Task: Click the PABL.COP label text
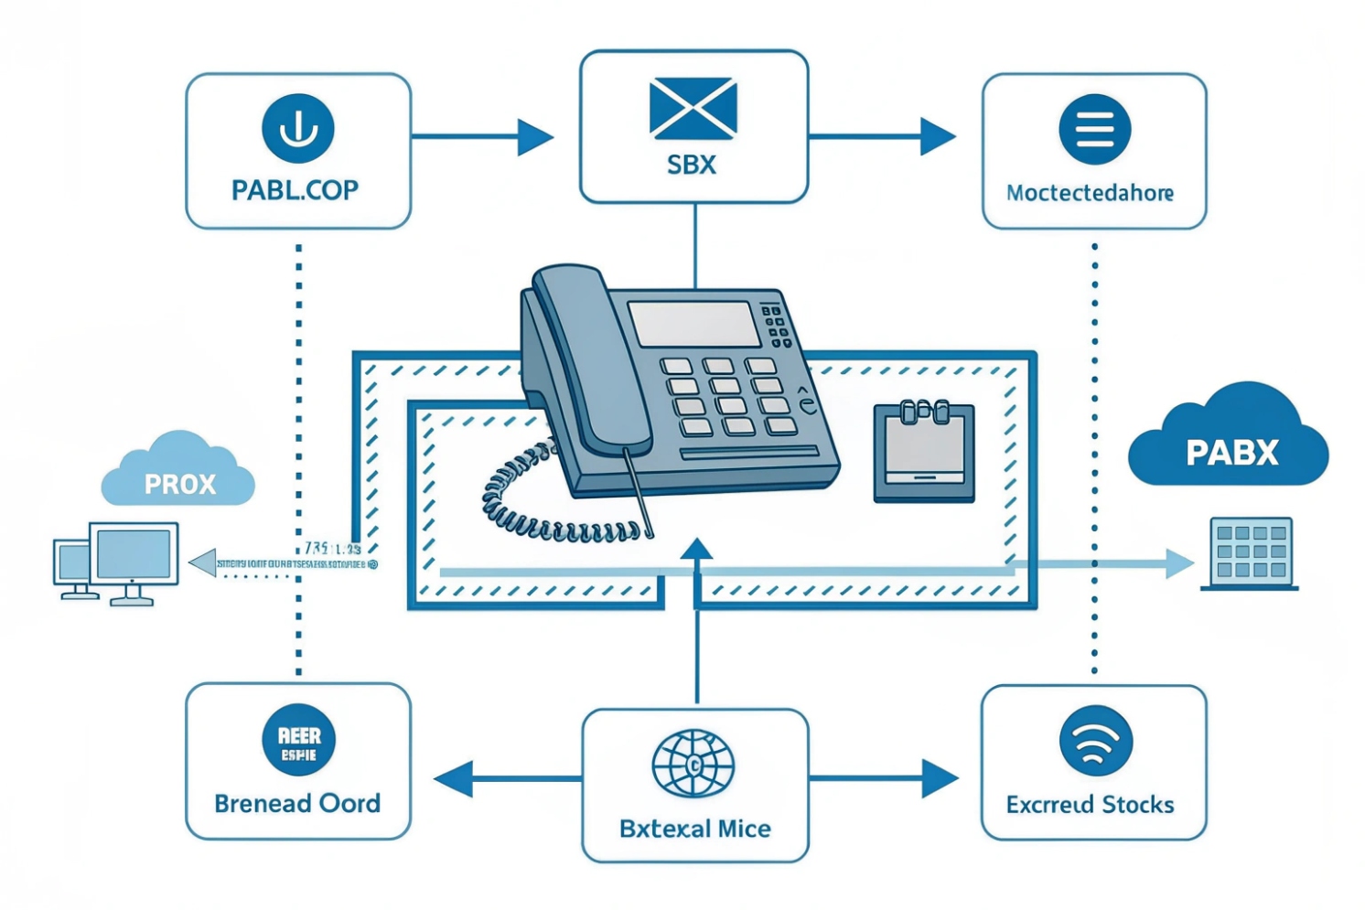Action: coord(295,190)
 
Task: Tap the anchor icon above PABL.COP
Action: coord(297,128)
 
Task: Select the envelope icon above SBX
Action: coord(693,109)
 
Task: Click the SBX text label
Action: coord(692,166)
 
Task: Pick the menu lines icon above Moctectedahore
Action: coord(1094,129)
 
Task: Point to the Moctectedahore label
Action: coord(1090,193)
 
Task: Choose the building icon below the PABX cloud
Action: coord(1250,552)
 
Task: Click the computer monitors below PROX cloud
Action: coord(117,562)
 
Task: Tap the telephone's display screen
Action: coord(693,324)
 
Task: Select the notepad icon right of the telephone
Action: coord(923,452)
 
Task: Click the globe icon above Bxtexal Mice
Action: coord(693,763)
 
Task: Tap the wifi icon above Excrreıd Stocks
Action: coord(1095,742)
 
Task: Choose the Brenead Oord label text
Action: coord(297,804)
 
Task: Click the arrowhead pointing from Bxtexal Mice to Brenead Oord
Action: coord(454,779)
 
